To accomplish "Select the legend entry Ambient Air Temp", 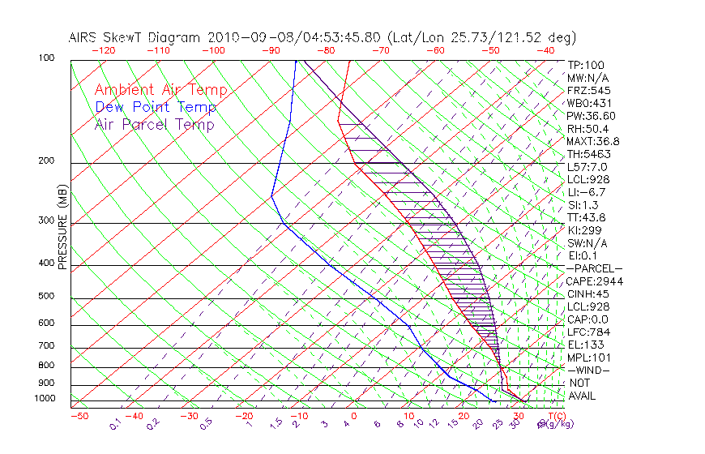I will (160, 90).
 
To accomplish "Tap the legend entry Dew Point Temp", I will (156, 107).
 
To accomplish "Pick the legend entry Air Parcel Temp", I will (154, 124).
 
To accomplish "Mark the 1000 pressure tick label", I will (45, 399).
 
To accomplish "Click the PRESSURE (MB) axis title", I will (62, 228).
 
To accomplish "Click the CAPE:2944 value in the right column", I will (594, 281).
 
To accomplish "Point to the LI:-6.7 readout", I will (587, 192).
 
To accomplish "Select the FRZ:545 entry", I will (589, 90).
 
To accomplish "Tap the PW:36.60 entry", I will (592, 116).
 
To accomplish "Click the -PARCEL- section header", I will (594, 268).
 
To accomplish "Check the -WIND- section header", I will (589, 370).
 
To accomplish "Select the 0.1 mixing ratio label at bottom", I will (116, 423).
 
